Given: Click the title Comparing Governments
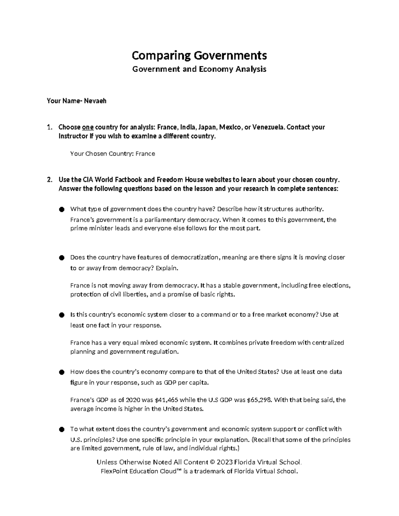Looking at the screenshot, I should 199,55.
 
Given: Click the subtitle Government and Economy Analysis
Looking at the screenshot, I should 199,69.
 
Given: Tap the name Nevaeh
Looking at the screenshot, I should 95,101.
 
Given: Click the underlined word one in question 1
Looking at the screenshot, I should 88,127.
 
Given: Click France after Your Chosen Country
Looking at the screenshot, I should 145,154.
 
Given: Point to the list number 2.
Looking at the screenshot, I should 49,180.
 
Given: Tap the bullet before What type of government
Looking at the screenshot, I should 61,209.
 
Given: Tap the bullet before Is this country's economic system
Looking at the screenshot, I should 61,315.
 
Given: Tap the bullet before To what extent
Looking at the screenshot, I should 61,430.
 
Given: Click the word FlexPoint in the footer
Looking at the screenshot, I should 114,471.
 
